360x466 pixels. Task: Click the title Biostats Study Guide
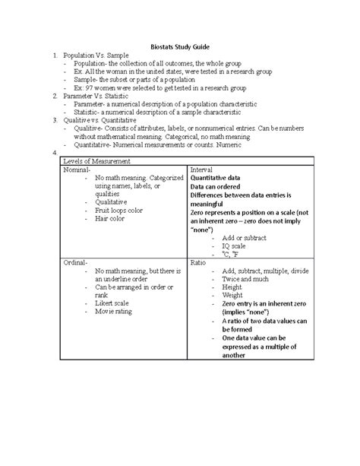click(x=180, y=45)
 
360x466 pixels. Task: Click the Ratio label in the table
click(x=199, y=262)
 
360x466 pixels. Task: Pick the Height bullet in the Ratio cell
click(x=232, y=287)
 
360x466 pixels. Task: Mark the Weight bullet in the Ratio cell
click(x=233, y=296)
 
